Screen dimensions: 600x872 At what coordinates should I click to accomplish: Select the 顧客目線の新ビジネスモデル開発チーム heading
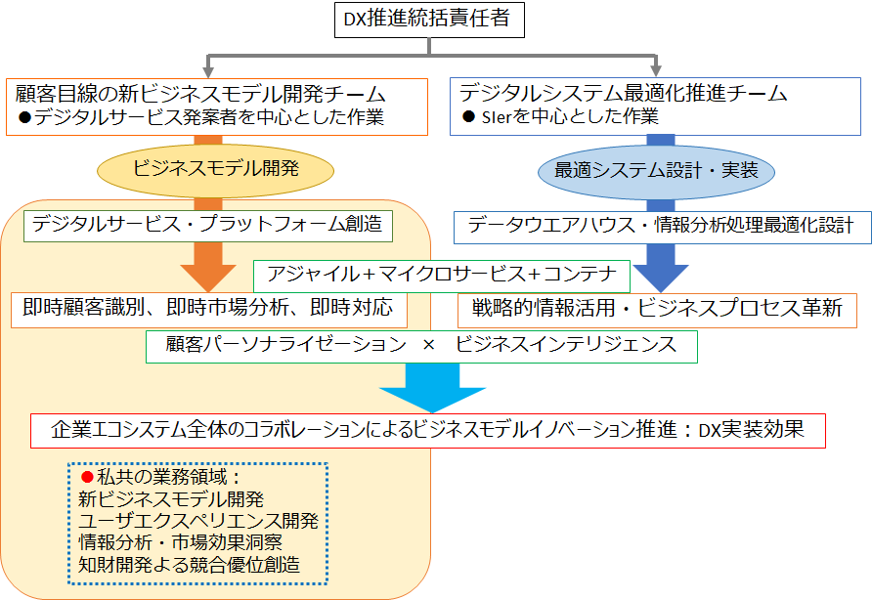click(200, 94)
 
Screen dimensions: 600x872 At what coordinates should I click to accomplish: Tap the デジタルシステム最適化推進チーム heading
click(624, 94)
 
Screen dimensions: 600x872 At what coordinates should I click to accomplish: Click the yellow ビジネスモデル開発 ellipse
click(215, 168)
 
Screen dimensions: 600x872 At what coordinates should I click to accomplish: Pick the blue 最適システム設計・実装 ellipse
click(657, 168)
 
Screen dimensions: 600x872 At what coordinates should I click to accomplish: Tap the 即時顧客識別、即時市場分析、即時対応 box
click(207, 309)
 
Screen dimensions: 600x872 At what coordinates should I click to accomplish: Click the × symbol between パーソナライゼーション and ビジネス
click(427, 345)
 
